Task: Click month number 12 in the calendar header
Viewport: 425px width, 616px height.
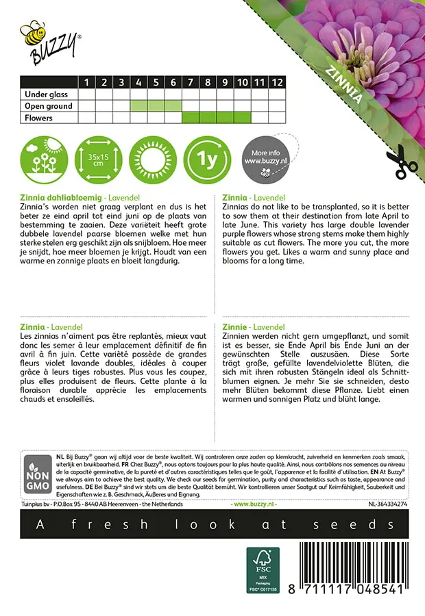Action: (x=276, y=82)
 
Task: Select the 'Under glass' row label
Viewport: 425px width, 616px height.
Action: (x=48, y=94)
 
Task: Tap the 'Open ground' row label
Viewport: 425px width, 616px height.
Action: (x=49, y=106)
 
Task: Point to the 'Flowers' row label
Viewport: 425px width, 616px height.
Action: (x=38, y=118)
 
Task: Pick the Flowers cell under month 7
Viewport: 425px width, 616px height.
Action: (x=190, y=118)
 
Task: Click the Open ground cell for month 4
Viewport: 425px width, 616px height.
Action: (x=138, y=106)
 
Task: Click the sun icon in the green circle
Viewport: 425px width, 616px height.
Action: (x=153, y=159)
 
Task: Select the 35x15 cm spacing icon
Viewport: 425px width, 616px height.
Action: (x=97, y=159)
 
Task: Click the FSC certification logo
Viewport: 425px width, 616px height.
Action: (x=263, y=569)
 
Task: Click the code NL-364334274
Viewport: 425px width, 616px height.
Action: (x=387, y=504)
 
